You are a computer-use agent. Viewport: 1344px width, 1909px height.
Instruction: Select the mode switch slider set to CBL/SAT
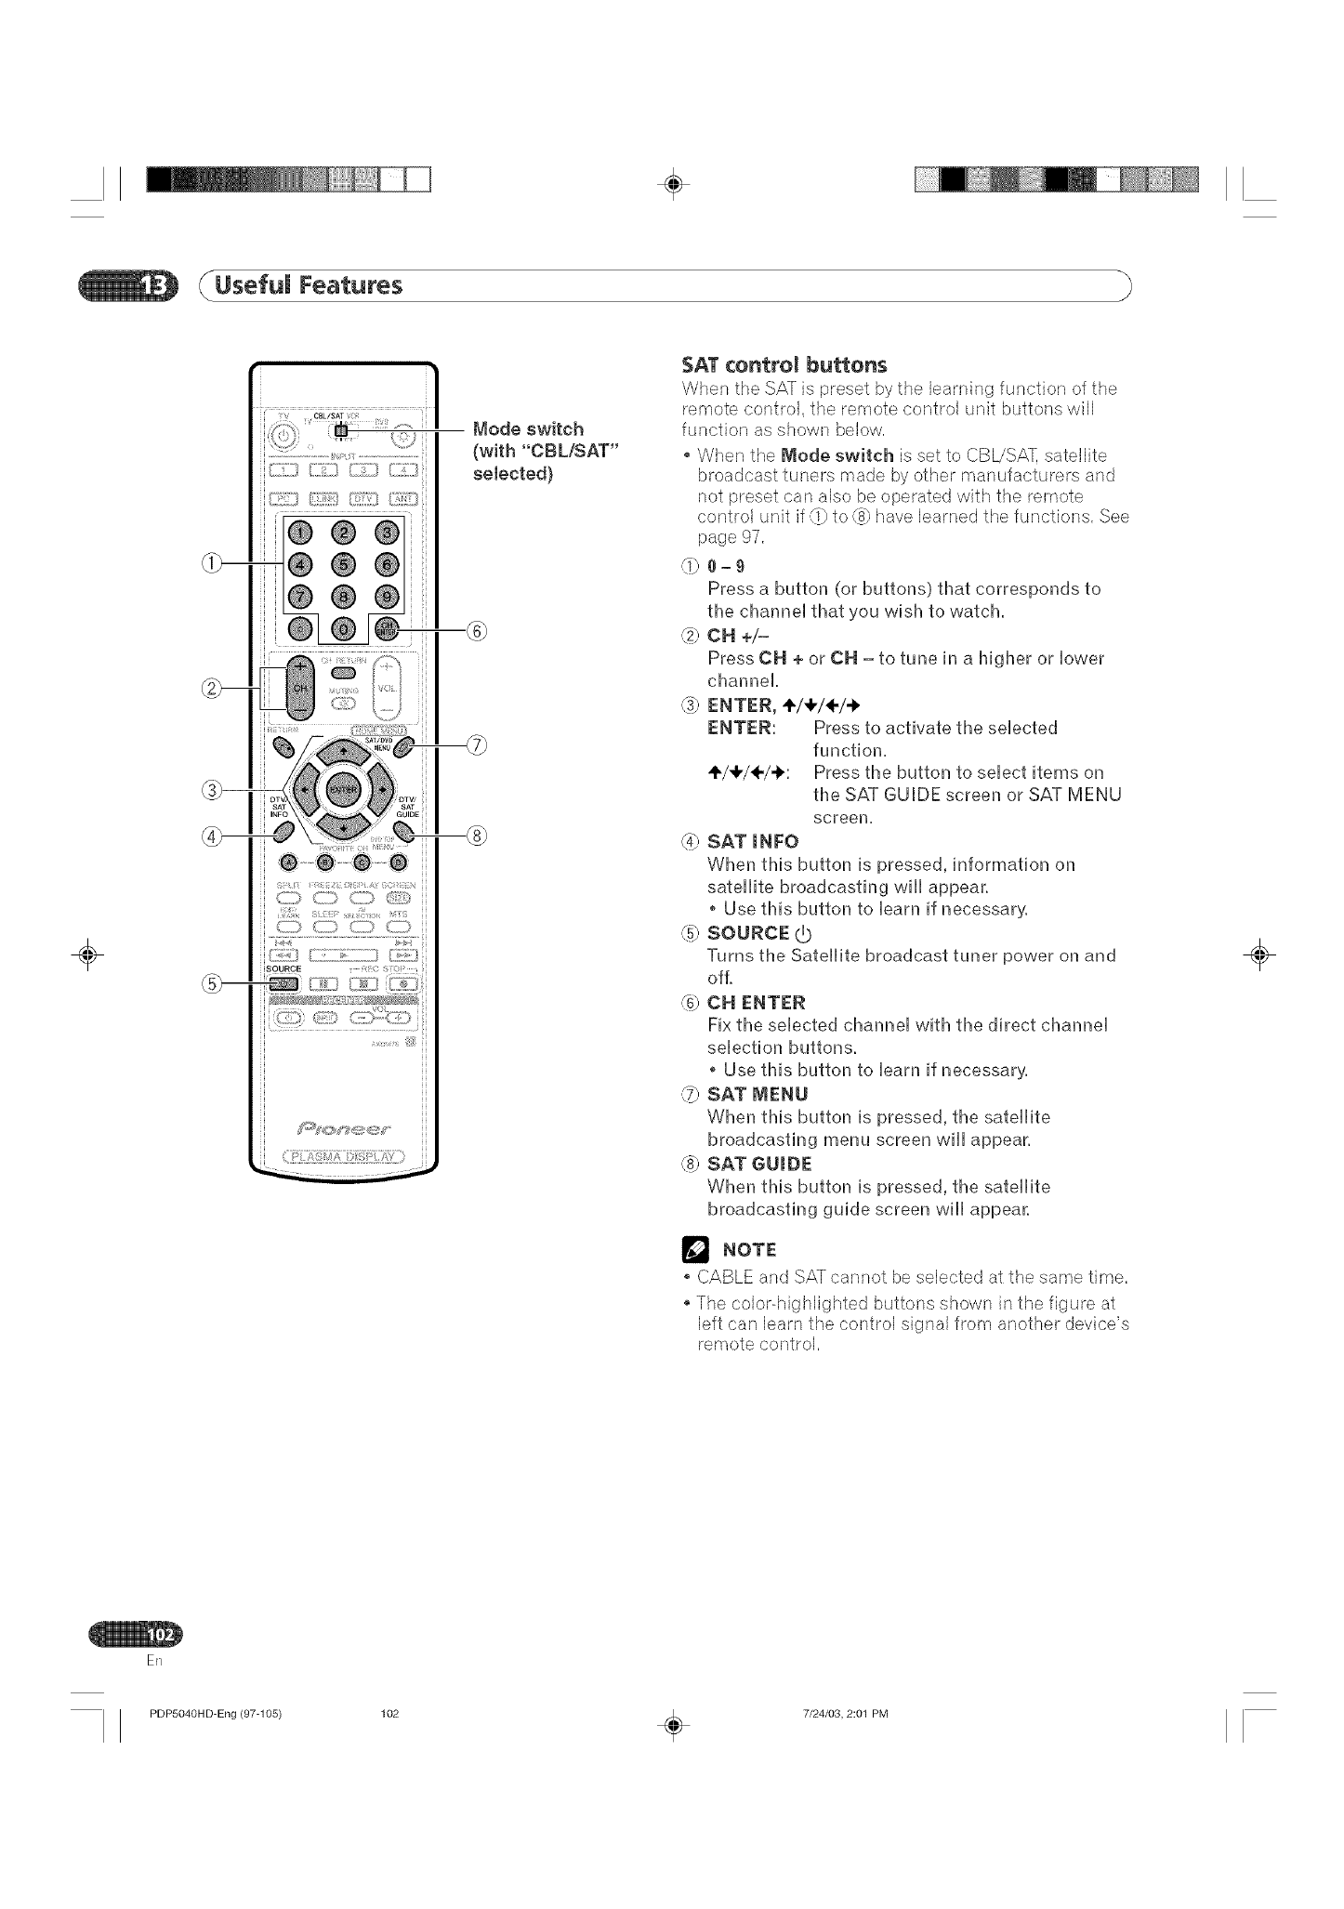point(341,430)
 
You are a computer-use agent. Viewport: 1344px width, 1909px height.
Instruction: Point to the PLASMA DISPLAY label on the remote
point(342,1157)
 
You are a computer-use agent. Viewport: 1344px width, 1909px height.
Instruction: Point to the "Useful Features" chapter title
point(309,284)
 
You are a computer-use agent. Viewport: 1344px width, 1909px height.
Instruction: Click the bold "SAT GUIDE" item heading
point(758,1165)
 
